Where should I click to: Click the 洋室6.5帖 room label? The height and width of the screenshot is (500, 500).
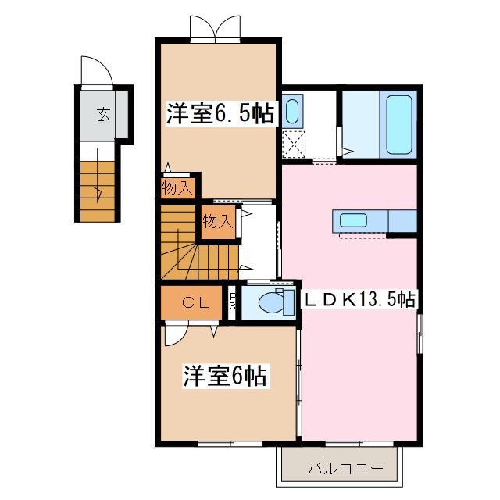point(220,114)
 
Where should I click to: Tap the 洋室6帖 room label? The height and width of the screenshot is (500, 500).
point(225,377)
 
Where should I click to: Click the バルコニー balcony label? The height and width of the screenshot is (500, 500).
point(345,469)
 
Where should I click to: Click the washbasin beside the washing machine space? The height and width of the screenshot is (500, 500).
point(293,111)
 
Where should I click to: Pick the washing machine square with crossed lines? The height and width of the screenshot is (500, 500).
point(294,144)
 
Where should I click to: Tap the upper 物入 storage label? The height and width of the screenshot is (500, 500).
point(177,187)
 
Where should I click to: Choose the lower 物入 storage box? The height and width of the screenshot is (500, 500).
point(218,222)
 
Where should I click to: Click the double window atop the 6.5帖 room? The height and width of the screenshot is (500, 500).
point(213,29)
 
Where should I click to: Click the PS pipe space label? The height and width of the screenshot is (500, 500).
point(233,302)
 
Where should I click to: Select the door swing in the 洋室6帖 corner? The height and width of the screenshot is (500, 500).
point(177,334)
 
